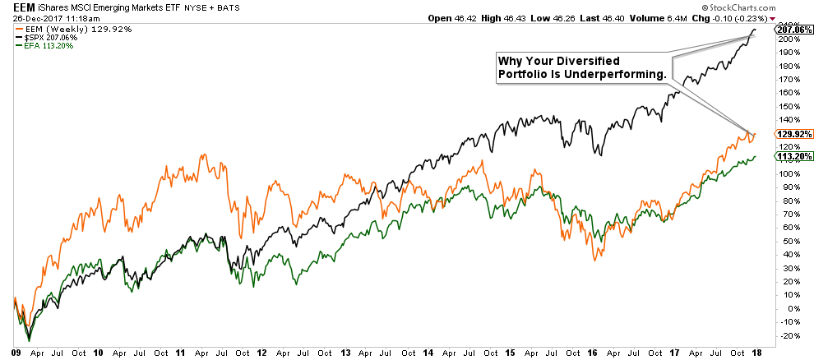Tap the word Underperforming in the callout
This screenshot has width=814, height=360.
click(x=624, y=75)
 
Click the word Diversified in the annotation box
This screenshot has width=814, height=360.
click(x=599, y=61)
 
